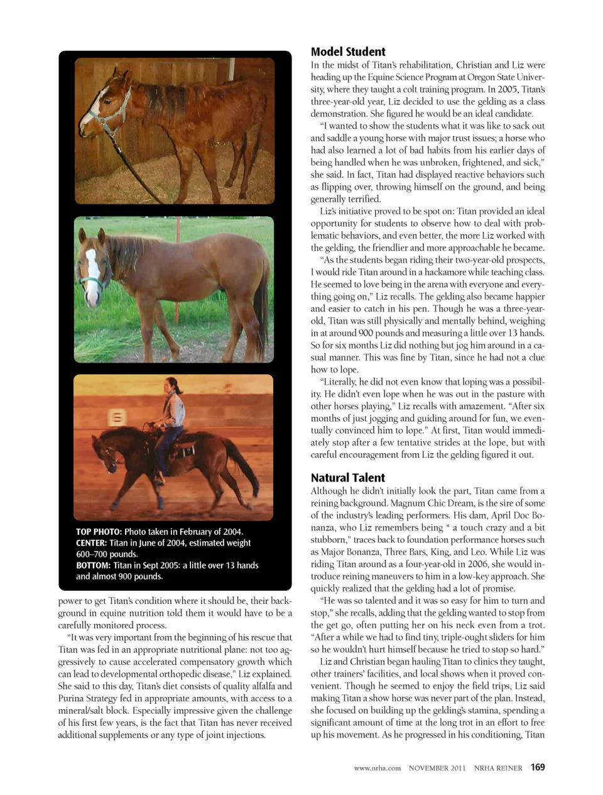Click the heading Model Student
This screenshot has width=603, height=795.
coord(348,52)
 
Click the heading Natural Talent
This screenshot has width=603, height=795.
coord(347,478)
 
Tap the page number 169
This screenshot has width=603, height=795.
coord(538,767)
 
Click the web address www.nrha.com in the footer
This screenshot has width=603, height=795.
coord(377,767)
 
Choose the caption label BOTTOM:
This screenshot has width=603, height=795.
coord(93,566)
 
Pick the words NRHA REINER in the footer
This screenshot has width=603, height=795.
coord(498,767)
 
